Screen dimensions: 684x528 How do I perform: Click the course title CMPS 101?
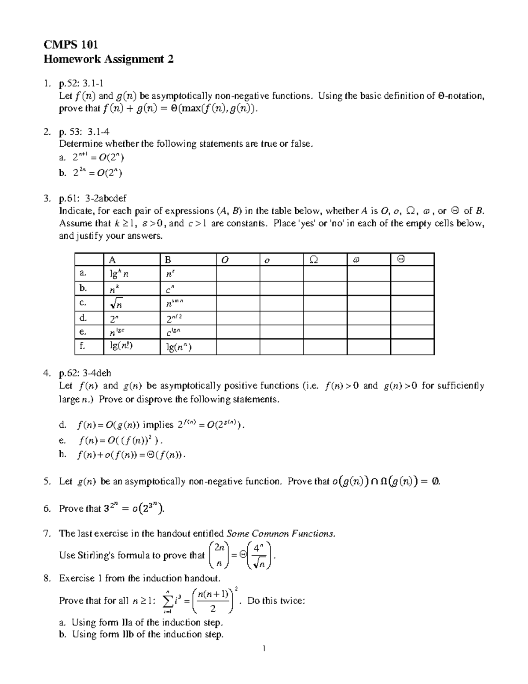coord(70,44)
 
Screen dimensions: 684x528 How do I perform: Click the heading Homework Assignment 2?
coord(108,59)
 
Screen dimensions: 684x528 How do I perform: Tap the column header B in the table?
coord(168,260)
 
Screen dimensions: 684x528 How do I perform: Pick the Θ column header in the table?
coord(400,259)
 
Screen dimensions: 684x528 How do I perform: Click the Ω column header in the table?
coord(313,260)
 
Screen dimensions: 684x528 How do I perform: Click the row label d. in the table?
coord(83,318)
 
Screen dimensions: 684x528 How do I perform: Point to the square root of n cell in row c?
coord(116,303)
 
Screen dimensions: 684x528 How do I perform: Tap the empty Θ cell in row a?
coord(412,274)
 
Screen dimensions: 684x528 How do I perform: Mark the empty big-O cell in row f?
coord(238,347)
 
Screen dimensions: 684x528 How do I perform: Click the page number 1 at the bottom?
coord(264,648)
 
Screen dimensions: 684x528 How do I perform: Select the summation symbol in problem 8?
coord(167,601)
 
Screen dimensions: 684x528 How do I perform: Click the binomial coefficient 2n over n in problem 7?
coord(219,555)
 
